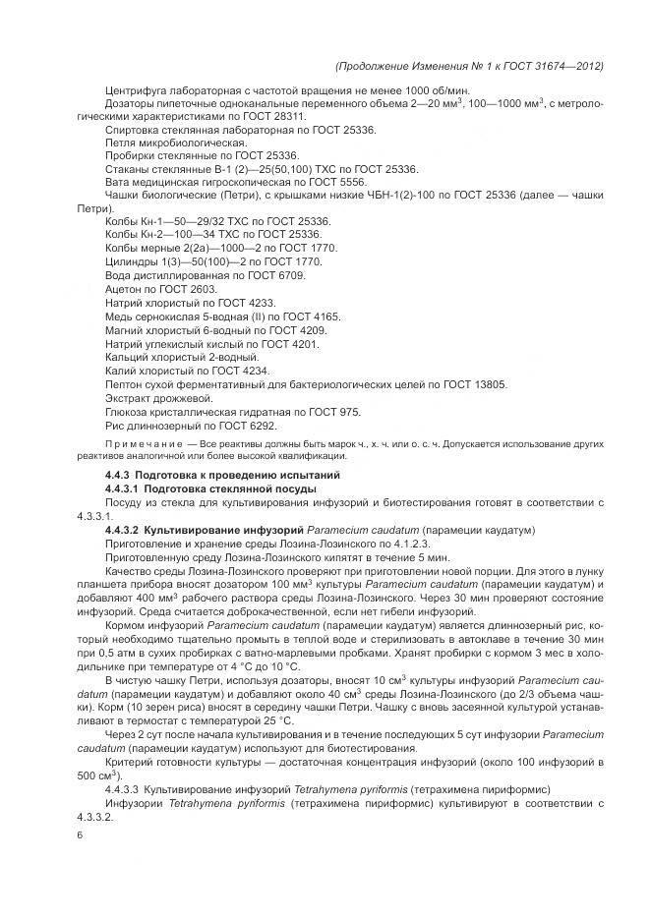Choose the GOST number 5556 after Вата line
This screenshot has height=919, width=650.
[x=349, y=182]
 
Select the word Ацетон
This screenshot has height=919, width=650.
[x=124, y=291]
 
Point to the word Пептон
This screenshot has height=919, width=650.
[x=124, y=384]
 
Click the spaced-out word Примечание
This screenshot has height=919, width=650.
[x=118, y=445]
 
